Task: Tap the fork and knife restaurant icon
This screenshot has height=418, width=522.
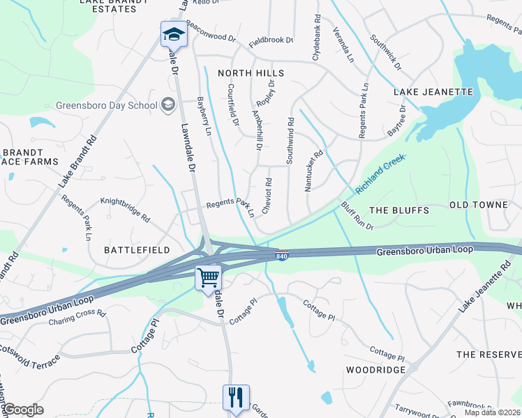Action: pos(236,398)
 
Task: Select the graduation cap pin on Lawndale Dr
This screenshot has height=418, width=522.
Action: pos(173,33)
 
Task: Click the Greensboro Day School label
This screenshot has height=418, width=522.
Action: pos(106,106)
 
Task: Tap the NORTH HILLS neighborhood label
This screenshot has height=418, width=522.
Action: pos(251,73)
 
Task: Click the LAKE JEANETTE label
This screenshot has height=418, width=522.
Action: pos(433,92)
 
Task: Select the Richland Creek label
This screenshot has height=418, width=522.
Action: pos(380,175)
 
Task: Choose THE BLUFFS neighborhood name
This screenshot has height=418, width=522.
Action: pos(398,210)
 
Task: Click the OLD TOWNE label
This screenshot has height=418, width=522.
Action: pos(478,205)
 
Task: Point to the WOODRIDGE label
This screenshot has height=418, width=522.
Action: pos(375,369)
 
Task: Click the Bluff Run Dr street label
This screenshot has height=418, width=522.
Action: pos(357,216)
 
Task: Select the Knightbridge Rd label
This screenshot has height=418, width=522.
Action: pos(126,210)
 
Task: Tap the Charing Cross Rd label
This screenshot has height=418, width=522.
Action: pos(77,318)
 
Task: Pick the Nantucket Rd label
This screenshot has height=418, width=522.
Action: pos(314,171)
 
